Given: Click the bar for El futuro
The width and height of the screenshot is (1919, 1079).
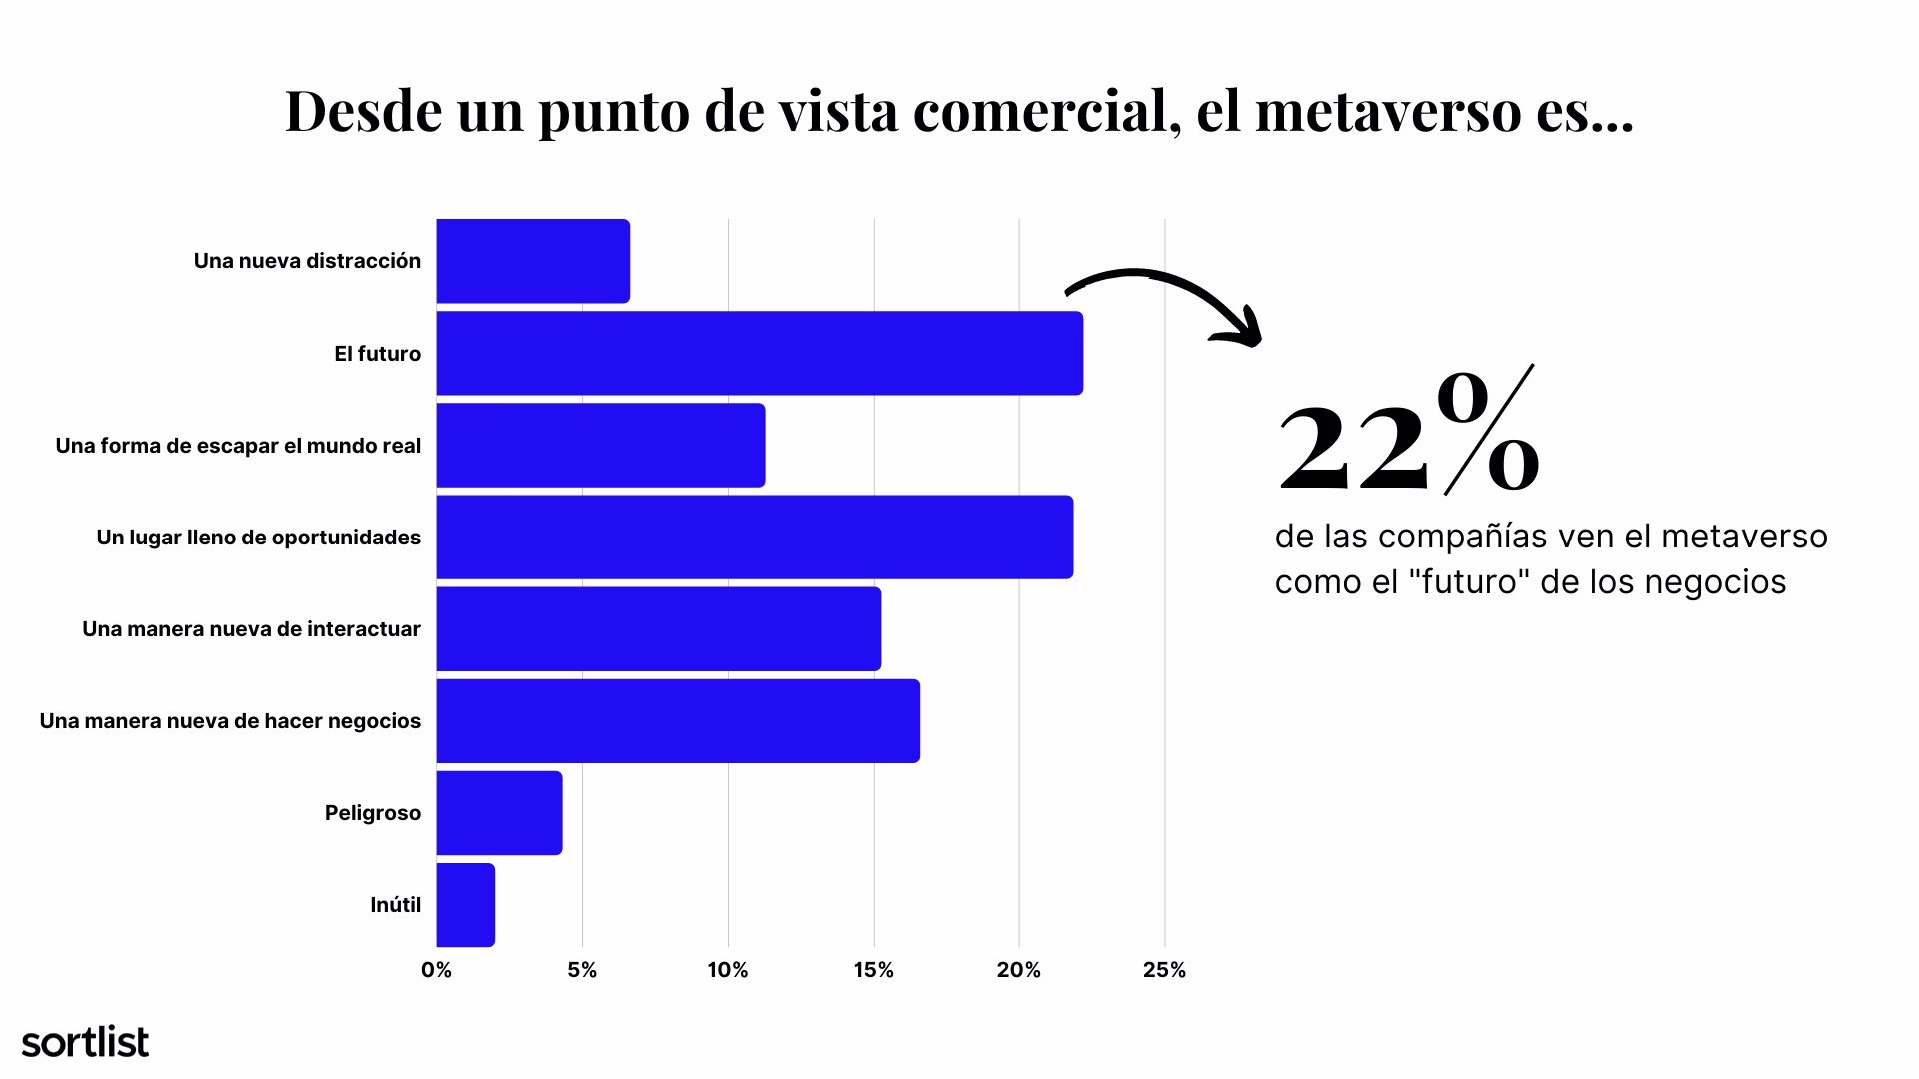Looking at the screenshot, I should [x=760, y=353].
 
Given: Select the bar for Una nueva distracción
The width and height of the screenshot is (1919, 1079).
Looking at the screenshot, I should [x=533, y=261].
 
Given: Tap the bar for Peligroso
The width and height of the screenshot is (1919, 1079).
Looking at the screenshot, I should [x=499, y=813].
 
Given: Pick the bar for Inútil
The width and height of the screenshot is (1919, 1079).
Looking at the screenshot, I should [x=466, y=905].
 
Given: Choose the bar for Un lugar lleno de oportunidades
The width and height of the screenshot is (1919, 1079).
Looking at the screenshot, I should [x=755, y=538].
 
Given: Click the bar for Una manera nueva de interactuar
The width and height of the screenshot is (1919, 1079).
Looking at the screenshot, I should [x=658, y=629].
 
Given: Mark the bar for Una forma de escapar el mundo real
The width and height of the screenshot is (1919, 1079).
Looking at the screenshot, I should [x=600, y=446].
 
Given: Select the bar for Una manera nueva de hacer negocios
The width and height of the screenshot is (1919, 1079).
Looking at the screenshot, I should [x=678, y=721].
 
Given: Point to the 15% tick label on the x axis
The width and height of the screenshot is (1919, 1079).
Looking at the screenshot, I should [x=874, y=970].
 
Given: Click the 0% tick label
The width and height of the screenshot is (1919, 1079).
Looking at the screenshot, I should [x=436, y=970].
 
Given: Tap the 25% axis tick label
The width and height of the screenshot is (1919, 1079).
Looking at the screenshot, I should [x=1164, y=970].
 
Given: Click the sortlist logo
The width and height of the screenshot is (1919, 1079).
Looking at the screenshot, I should [x=85, y=1042].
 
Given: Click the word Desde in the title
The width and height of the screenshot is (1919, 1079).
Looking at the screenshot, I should [x=363, y=110].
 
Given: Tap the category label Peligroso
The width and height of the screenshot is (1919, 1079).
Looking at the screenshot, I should [x=373, y=813].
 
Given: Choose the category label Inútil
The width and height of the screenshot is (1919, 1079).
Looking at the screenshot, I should [x=395, y=905].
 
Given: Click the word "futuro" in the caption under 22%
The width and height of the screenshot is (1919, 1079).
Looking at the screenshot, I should [x=1468, y=582].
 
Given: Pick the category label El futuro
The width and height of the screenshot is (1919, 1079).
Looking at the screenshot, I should [x=377, y=354].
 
